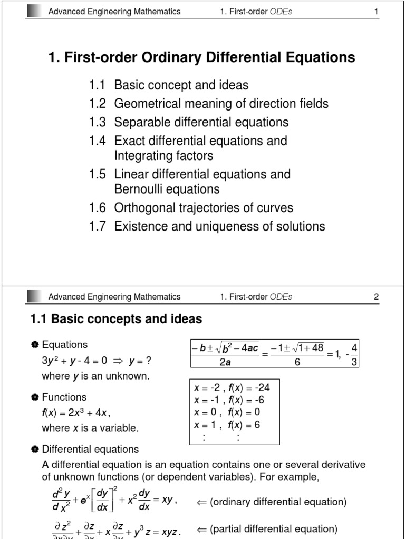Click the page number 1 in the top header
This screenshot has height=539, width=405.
tap(377, 12)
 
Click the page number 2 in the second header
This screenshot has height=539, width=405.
tap(377, 297)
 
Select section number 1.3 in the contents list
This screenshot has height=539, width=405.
tap(98, 123)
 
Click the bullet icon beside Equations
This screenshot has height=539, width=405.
tap(35, 345)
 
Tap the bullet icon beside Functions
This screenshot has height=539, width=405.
tap(35, 397)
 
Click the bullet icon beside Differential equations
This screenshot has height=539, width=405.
tap(35, 450)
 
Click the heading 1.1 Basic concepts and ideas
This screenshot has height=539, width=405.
tap(114, 319)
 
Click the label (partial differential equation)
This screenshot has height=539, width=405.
tap(273, 529)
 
